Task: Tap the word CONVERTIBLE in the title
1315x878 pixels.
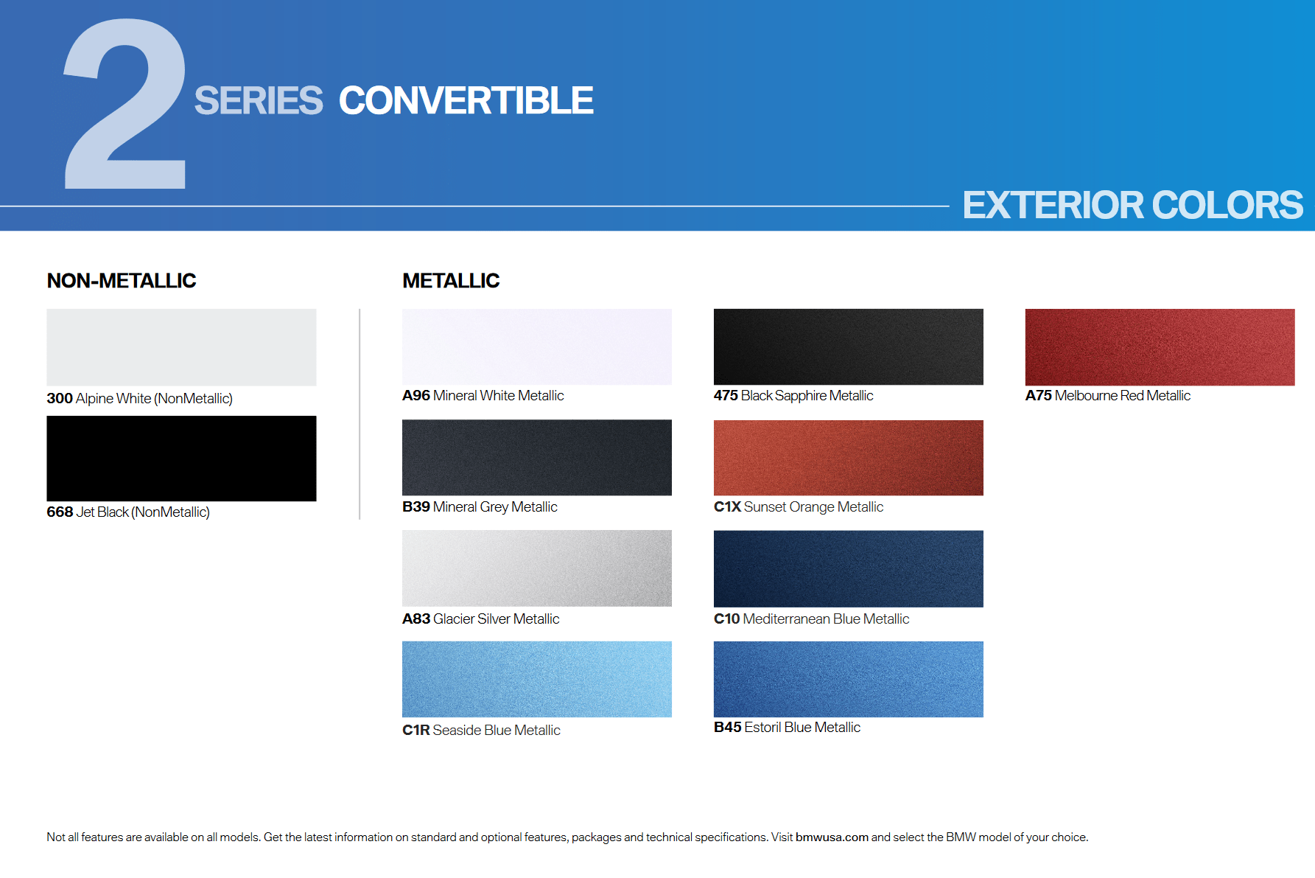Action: [466, 101]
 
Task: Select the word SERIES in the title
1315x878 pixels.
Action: [259, 101]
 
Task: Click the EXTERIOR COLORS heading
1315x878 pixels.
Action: [1132, 205]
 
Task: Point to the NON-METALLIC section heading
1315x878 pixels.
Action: [122, 281]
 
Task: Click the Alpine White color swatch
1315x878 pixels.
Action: [181, 347]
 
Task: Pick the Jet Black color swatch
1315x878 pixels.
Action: [181, 459]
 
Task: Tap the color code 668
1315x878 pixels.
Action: [60, 512]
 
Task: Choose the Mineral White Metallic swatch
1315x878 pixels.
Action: [537, 346]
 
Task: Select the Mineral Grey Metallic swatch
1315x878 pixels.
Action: [537, 458]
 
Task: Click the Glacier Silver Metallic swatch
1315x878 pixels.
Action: [537, 568]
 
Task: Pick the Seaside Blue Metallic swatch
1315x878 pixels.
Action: [537, 679]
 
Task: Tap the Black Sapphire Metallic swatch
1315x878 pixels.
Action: [849, 346]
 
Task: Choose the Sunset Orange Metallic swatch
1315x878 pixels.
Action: [849, 458]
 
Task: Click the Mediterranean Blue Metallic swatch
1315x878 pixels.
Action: [849, 568]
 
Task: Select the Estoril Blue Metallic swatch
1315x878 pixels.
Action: [849, 679]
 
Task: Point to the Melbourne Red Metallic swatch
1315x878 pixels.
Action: [1160, 347]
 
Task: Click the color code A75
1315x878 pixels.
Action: [1039, 396]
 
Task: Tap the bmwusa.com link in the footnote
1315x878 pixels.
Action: [832, 837]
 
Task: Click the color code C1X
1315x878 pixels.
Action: [727, 507]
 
